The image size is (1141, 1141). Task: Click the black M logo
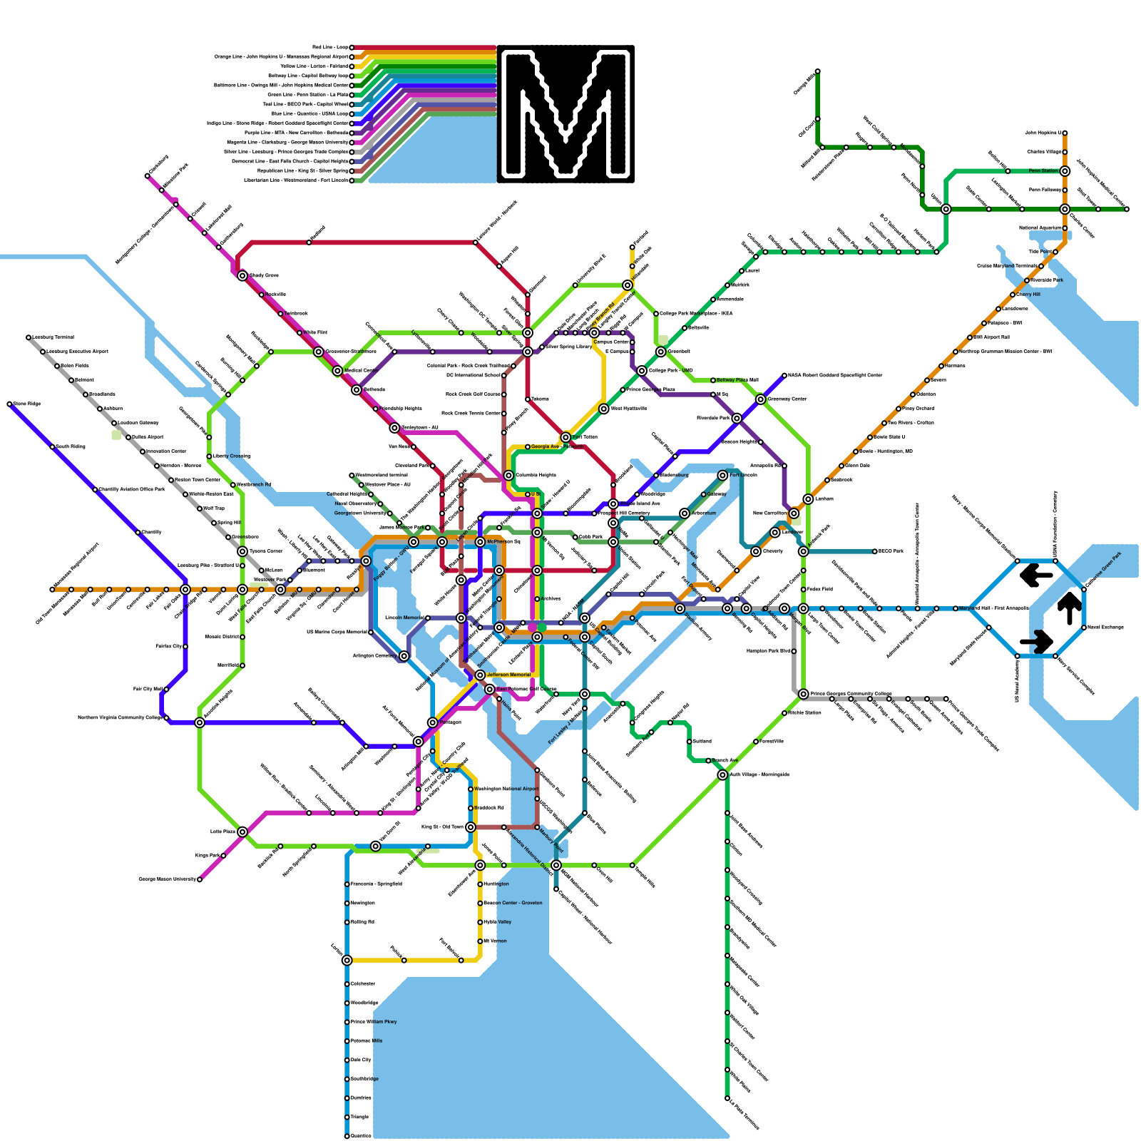pyautogui.click(x=566, y=114)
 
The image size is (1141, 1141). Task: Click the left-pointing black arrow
pyautogui.click(x=1036, y=575)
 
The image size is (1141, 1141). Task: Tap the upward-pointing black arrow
pyautogui.click(x=1069, y=608)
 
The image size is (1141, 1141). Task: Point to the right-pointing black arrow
pyautogui.click(x=1036, y=641)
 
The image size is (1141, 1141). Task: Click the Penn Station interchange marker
pyautogui.click(x=1065, y=171)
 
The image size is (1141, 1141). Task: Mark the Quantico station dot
pyautogui.click(x=347, y=1136)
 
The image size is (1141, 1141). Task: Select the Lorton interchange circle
pyautogui.click(x=347, y=961)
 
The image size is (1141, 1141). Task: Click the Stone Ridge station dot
pyautogui.click(x=10, y=404)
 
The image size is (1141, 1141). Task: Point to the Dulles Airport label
pyautogui.click(x=148, y=437)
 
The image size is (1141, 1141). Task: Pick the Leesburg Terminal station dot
pyautogui.click(x=29, y=337)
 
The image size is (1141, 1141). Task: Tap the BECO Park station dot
pyautogui.click(x=875, y=551)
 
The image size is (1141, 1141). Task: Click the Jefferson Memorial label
pyautogui.click(x=508, y=675)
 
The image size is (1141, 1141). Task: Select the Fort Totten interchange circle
pyautogui.click(x=566, y=437)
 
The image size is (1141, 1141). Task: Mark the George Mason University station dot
pyautogui.click(x=200, y=879)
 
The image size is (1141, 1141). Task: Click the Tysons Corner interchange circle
pyautogui.click(x=242, y=551)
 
